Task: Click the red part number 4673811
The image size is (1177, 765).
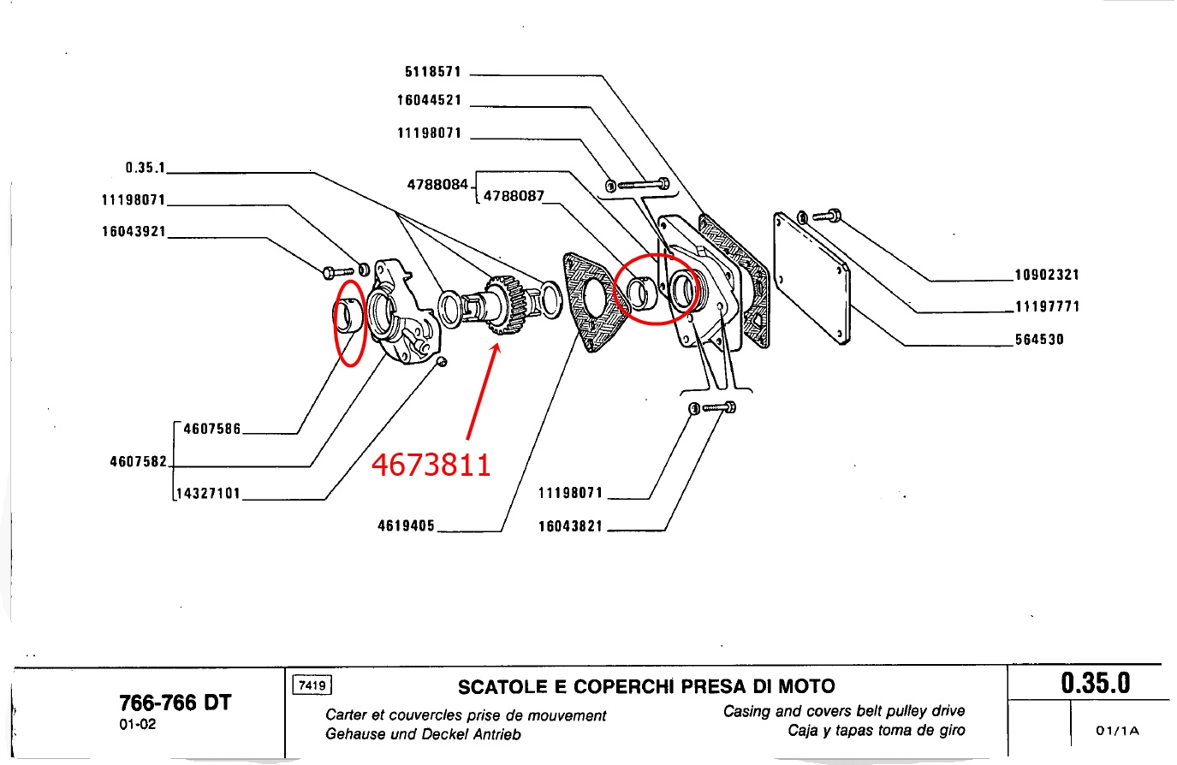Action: [431, 465]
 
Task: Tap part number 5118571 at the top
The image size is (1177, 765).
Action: [432, 73]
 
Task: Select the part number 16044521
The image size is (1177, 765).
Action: [429, 100]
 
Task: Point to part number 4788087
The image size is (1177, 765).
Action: [514, 196]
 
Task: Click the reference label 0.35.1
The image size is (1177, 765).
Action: [145, 168]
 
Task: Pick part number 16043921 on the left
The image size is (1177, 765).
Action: [134, 232]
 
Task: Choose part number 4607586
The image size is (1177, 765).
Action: [212, 429]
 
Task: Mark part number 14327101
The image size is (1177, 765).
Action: [209, 494]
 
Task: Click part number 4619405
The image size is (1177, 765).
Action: [406, 525]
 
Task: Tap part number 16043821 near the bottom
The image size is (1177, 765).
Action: [570, 526]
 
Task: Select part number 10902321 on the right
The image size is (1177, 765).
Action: [1047, 275]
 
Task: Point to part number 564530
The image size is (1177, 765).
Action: [1039, 340]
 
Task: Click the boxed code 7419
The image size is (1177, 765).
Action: [312, 685]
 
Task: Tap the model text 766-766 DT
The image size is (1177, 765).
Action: [175, 703]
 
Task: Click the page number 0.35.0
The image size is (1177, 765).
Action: [1095, 684]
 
